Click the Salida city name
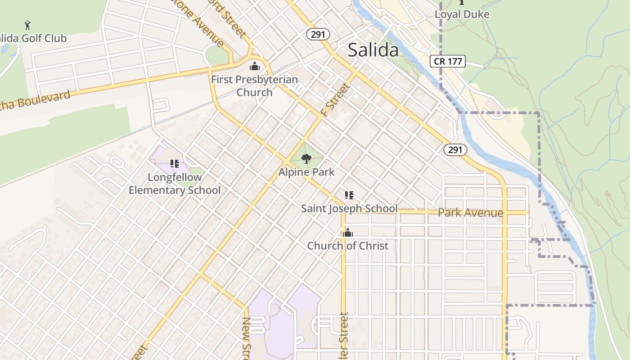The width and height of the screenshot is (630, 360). pyautogui.click(x=373, y=50)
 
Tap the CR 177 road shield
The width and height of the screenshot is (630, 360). pyautogui.click(x=447, y=61)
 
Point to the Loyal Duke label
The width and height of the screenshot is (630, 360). pyautogui.click(x=462, y=14)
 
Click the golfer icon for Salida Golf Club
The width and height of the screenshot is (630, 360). pyautogui.click(x=28, y=24)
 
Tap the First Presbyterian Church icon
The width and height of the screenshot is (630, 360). pyautogui.click(x=255, y=67)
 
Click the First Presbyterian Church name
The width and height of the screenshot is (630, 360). pyautogui.click(x=255, y=86)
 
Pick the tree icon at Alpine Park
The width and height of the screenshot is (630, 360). pyautogui.click(x=306, y=158)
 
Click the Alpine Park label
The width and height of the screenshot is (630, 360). pyautogui.click(x=306, y=172)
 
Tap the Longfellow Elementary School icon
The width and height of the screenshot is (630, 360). pyautogui.click(x=175, y=164)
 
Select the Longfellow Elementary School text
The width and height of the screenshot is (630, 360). pyautogui.click(x=175, y=184)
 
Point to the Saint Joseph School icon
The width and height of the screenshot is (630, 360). pyautogui.click(x=349, y=195)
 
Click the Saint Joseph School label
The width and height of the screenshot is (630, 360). pyautogui.click(x=349, y=208)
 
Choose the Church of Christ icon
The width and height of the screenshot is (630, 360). pyautogui.click(x=347, y=233)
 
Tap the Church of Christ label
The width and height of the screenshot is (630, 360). pyautogui.click(x=347, y=246)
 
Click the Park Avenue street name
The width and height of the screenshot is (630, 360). pyautogui.click(x=470, y=213)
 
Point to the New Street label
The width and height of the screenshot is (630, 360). pyautogui.click(x=247, y=337)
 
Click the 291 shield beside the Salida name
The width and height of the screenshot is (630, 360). pyautogui.click(x=319, y=34)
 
